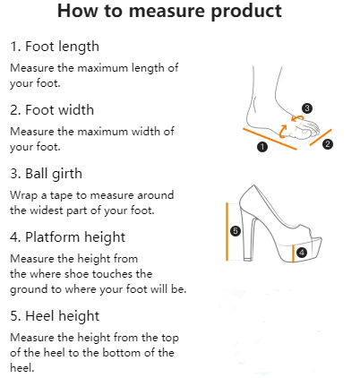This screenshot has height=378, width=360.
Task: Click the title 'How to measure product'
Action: pyautogui.click(x=169, y=11)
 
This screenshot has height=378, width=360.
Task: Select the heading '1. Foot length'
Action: pyautogui.click(x=55, y=47)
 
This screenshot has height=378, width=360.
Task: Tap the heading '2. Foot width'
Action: pyautogui.click(x=52, y=110)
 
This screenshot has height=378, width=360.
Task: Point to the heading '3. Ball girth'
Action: pyautogui.click(x=46, y=174)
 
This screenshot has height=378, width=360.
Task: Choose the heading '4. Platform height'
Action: pyautogui.click(x=67, y=237)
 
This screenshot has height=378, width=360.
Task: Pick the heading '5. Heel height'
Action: pyautogui.click(x=55, y=316)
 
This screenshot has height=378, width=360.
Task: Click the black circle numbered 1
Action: pyautogui.click(x=262, y=147)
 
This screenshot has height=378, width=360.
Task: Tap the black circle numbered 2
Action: pyautogui.click(x=328, y=144)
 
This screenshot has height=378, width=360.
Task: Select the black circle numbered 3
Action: pyautogui.click(x=307, y=108)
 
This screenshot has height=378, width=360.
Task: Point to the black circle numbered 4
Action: pyautogui.click(x=302, y=253)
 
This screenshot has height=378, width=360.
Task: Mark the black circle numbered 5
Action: pyautogui.click(x=236, y=231)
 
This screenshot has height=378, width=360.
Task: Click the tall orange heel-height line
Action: pyautogui.click(x=227, y=232)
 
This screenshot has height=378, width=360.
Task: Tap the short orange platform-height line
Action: pyautogui.click(x=293, y=253)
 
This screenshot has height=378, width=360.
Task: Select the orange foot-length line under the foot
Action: pyautogui.click(x=270, y=139)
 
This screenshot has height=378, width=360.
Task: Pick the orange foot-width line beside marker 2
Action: pyautogui.click(x=321, y=137)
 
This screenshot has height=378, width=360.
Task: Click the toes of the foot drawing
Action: pyautogui.click(x=311, y=128)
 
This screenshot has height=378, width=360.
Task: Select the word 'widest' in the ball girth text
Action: pyautogui.click(x=47, y=210)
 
